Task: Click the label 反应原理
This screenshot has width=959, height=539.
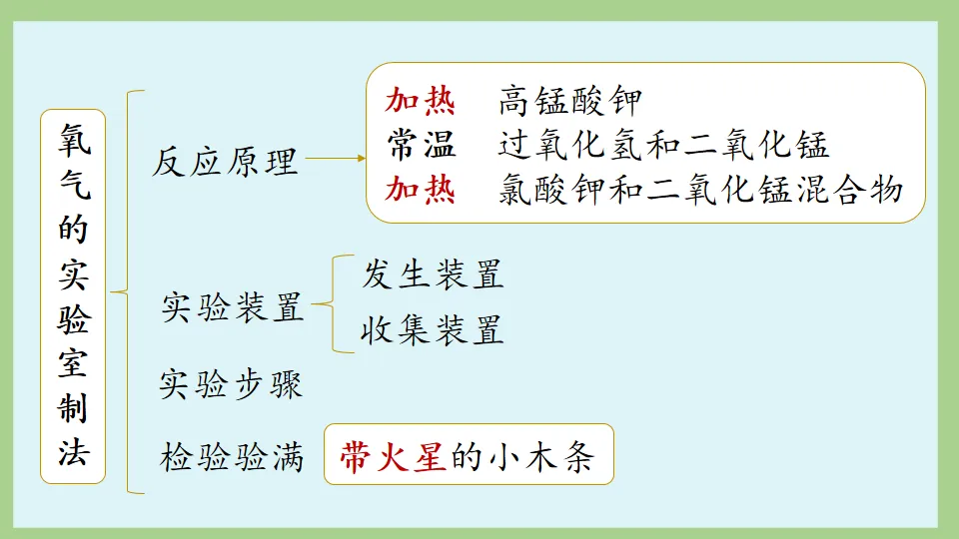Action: point(226,160)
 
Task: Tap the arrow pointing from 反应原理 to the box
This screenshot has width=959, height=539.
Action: point(336,158)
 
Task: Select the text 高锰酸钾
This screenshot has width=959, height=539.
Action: point(569,102)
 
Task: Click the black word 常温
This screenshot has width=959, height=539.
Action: point(422,146)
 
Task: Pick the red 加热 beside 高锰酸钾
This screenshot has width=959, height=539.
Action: point(421,102)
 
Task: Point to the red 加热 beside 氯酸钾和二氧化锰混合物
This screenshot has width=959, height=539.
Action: point(421,190)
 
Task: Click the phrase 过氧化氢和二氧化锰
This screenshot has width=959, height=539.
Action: point(663,146)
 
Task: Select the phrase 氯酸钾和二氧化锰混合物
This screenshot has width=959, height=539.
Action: point(700,190)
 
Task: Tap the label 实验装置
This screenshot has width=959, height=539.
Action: point(232,308)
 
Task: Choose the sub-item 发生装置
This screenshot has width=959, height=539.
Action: point(433,274)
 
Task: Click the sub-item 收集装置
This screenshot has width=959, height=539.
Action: point(433,329)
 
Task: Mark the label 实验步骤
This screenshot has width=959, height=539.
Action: point(231,384)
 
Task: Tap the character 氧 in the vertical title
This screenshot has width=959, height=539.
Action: point(73,140)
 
